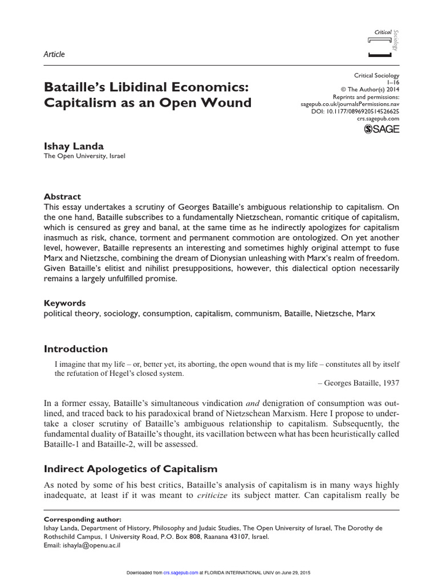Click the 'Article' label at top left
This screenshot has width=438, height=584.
click(x=54, y=54)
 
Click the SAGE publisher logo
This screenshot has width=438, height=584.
click(x=382, y=129)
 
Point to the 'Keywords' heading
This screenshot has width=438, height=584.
click(x=64, y=303)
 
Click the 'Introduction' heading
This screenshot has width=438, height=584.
click(x=75, y=349)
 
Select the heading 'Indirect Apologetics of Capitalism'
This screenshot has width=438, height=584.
click(x=131, y=469)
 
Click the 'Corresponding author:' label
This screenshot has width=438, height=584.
click(x=82, y=520)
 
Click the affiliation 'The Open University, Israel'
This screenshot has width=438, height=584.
click(x=84, y=156)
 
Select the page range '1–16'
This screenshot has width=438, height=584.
click(x=394, y=83)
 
